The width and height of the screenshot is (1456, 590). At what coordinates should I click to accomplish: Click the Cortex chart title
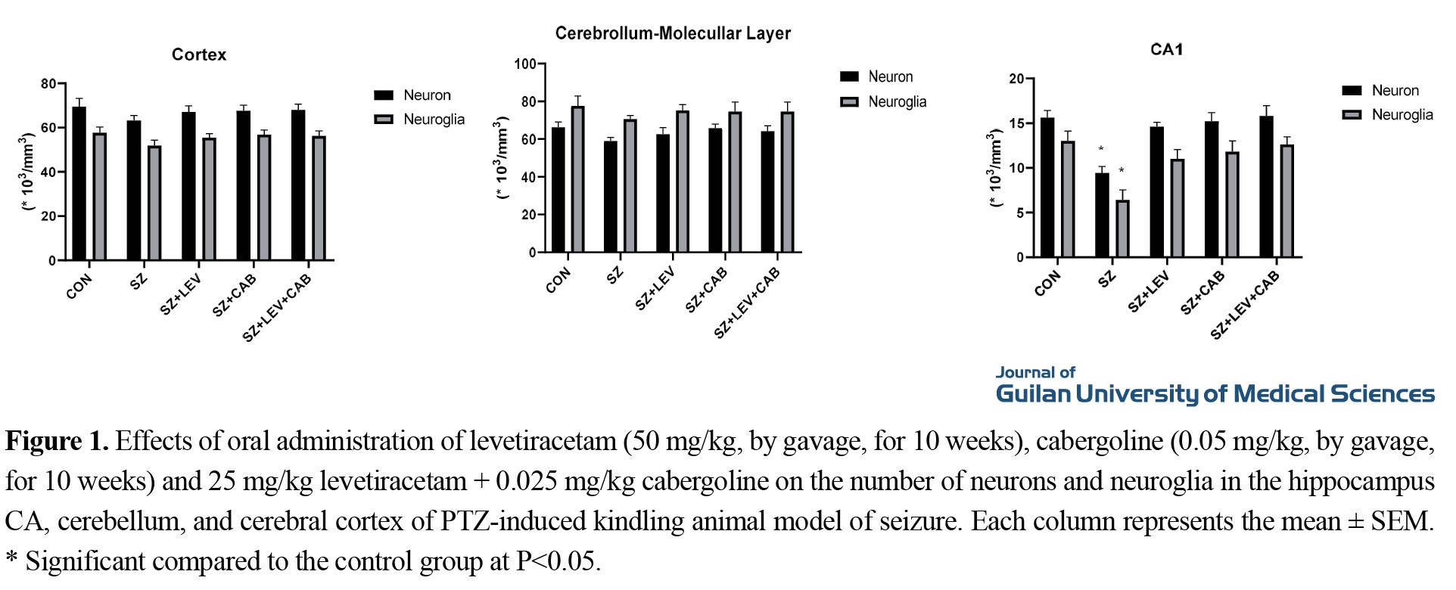click(198, 54)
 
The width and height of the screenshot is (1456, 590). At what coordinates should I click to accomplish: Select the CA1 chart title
click(1166, 50)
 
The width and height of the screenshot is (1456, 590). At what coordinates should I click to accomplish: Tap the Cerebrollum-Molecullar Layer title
click(673, 33)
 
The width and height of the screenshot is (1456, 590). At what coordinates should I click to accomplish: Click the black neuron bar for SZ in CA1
click(1102, 216)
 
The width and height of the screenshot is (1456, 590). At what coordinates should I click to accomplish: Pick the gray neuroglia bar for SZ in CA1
click(1122, 228)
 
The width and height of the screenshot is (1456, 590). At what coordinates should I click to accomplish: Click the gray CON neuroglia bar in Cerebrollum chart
click(577, 179)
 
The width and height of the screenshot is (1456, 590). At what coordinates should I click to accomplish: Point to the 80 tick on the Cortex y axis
click(49, 84)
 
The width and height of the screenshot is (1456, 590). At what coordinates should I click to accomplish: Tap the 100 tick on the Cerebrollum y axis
click(525, 64)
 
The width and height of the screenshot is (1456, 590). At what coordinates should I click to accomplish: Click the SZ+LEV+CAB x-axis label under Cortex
click(277, 308)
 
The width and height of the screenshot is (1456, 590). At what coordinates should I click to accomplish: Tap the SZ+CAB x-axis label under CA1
click(1202, 293)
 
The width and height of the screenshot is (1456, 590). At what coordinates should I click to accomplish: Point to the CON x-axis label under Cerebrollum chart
click(558, 280)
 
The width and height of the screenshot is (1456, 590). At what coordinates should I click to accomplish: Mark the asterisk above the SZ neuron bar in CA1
click(1101, 150)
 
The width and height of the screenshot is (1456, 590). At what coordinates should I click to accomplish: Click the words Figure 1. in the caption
click(58, 441)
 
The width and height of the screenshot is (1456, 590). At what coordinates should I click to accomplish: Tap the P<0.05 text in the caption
click(558, 561)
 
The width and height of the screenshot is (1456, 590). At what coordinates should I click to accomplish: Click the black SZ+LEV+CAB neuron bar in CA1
click(1266, 187)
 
